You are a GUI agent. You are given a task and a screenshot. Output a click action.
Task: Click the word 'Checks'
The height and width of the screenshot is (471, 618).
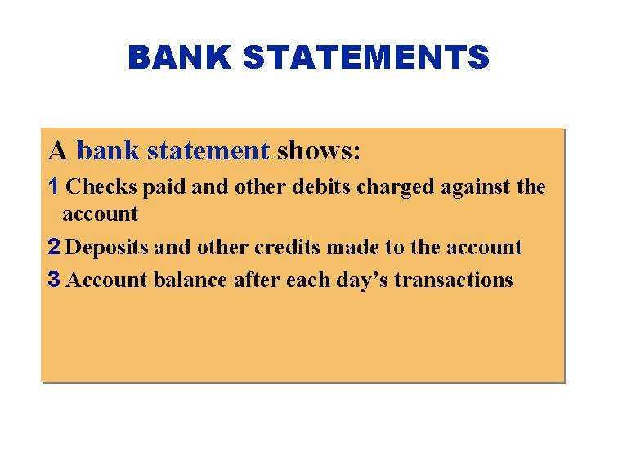[101, 187]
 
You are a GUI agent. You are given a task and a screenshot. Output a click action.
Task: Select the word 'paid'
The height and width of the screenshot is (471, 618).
[165, 187]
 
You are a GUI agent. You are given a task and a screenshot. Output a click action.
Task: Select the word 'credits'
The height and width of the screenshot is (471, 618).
[285, 247]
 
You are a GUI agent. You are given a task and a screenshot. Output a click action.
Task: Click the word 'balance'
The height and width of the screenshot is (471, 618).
[190, 280]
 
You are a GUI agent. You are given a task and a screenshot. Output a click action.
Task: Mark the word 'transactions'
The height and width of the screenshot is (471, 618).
[453, 280]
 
